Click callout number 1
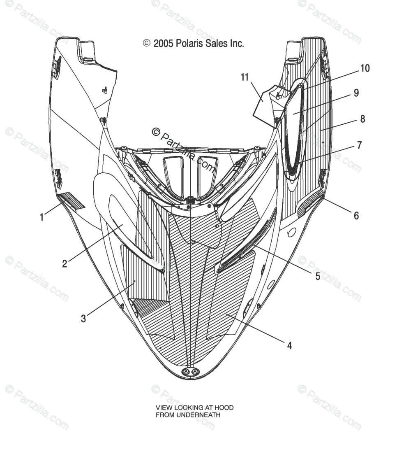pos(42,217)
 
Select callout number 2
pos(65,264)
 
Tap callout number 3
pos(83,319)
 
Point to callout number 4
pos(289,346)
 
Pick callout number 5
pos(318,276)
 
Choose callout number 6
pos(356,215)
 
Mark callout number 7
pos(359,145)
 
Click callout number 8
pos(362,119)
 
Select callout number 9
pos(356,93)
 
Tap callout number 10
pos(365,68)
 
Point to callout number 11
pos(245,77)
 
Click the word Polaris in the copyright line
pos(189,43)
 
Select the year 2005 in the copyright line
pos(164,43)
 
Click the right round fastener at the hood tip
pos(196,372)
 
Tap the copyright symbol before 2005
pos(146,43)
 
